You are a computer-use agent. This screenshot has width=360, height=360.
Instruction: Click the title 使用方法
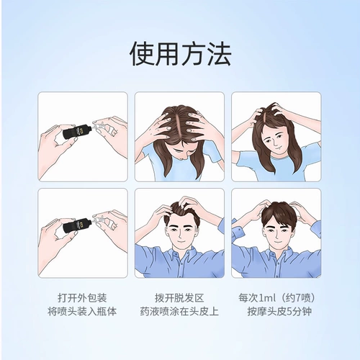tap(180, 53)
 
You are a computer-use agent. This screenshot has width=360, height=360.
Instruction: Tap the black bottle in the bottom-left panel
tap(77, 225)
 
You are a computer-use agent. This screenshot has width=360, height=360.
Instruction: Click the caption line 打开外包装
tap(82, 298)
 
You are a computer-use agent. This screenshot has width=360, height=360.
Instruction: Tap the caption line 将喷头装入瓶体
tap(82, 312)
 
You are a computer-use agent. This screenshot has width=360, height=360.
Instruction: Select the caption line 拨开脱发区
tap(179, 298)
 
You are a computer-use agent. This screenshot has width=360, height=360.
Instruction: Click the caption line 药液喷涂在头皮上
tap(179, 312)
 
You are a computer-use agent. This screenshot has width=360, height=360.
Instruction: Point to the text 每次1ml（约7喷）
tap(276, 298)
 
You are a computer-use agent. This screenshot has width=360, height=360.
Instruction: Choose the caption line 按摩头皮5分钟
tap(279, 312)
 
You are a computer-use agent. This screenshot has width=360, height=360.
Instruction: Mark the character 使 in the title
tap(142, 53)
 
